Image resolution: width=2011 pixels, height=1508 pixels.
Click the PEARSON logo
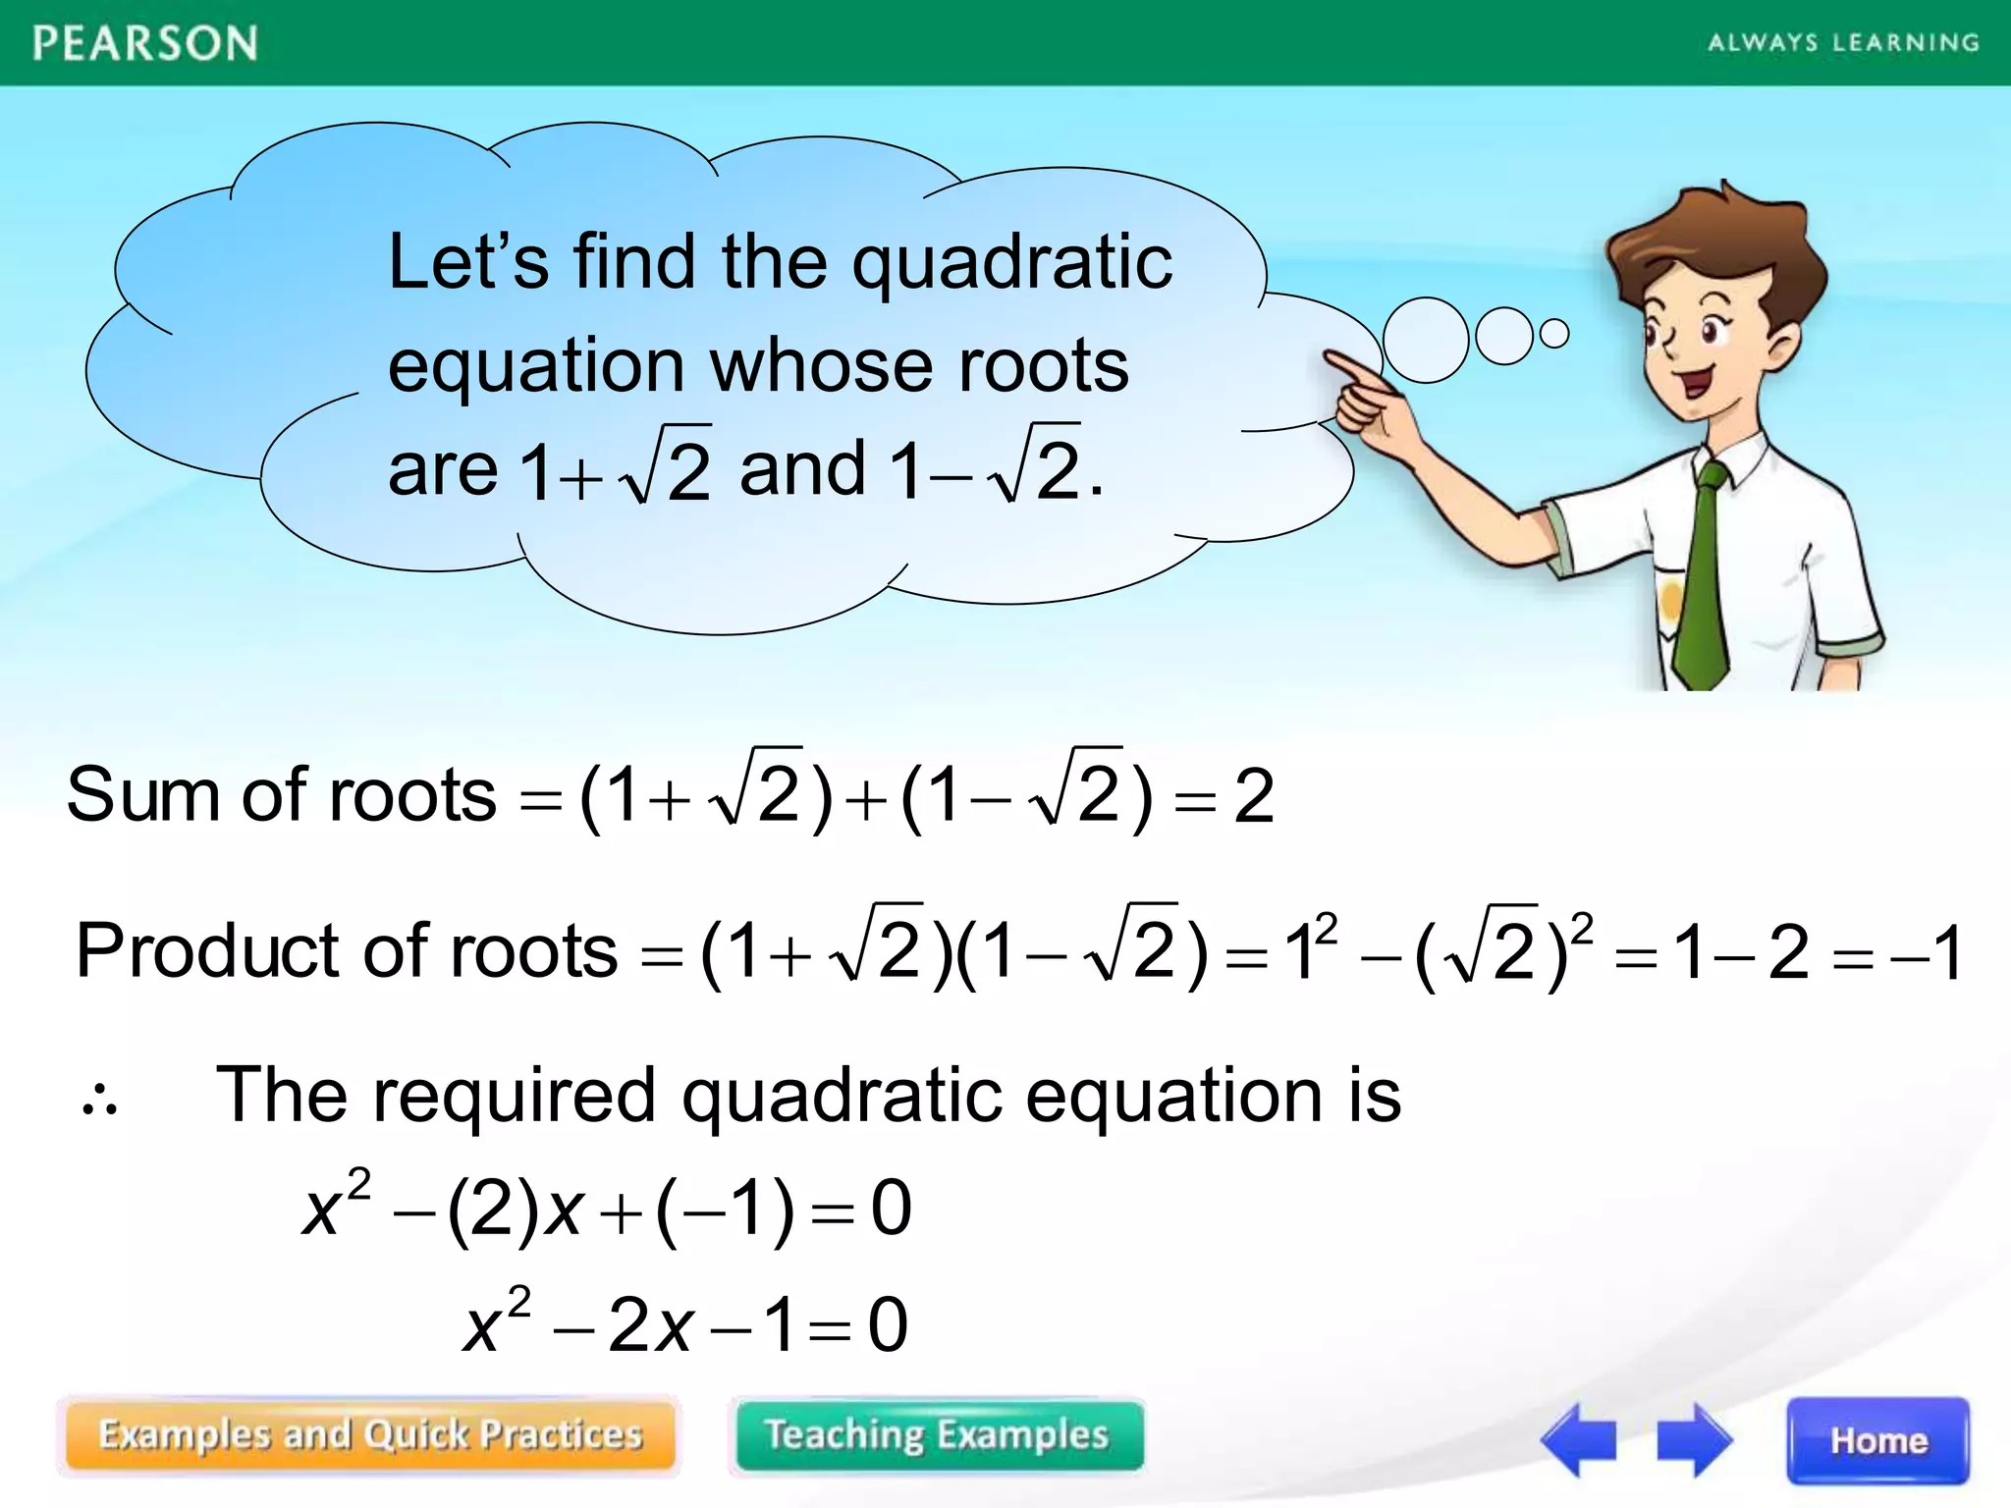tap(145, 44)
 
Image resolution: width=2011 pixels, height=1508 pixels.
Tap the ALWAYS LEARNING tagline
tap(1843, 43)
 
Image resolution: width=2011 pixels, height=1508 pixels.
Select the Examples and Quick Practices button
tap(370, 1435)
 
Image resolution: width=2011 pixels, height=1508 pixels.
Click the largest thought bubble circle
tap(1425, 340)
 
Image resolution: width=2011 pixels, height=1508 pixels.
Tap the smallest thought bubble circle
tap(1554, 334)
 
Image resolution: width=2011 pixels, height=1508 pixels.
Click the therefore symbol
tap(99, 1104)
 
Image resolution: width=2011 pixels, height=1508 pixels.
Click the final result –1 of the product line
tap(1925, 952)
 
